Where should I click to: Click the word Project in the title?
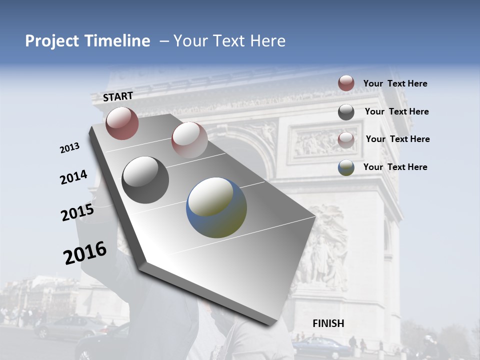pyautogui.click(x=52, y=41)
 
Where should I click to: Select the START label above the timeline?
pyautogui.click(x=118, y=96)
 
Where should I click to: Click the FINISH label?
pyautogui.click(x=328, y=323)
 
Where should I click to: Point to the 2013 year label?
pyautogui.click(x=70, y=148)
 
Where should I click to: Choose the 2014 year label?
pyautogui.click(x=73, y=177)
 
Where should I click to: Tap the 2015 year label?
pyautogui.click(x=77, y=212)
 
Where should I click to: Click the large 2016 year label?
pyautogui.click(x=85, y=253)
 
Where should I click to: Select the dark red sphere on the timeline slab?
pyautogui.click(x=122, y=123)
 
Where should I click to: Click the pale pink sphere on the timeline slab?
pyautogui.click(x=189, y=139)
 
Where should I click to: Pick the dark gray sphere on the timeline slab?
pyautogui.click(x=145, y=180)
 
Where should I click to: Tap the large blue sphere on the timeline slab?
pyautogui.click(x=216, y=207)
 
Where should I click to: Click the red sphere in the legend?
pyautogui.click(x=346, y=83)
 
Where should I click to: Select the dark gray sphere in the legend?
pyautogui.click(x=346, y=112)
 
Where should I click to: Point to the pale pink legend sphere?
pyautogui.click(x=346, y=139)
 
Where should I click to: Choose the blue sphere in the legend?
pyautogui.click(x=346, y=167)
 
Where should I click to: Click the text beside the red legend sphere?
pyautogui.click(x=395, y=83)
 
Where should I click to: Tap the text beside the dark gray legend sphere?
pyautogui.click(x=396, y=111)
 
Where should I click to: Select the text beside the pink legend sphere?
pyautogui.click(x=397, y=139)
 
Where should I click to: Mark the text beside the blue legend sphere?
pyautogui.click(x=395, y=167)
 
